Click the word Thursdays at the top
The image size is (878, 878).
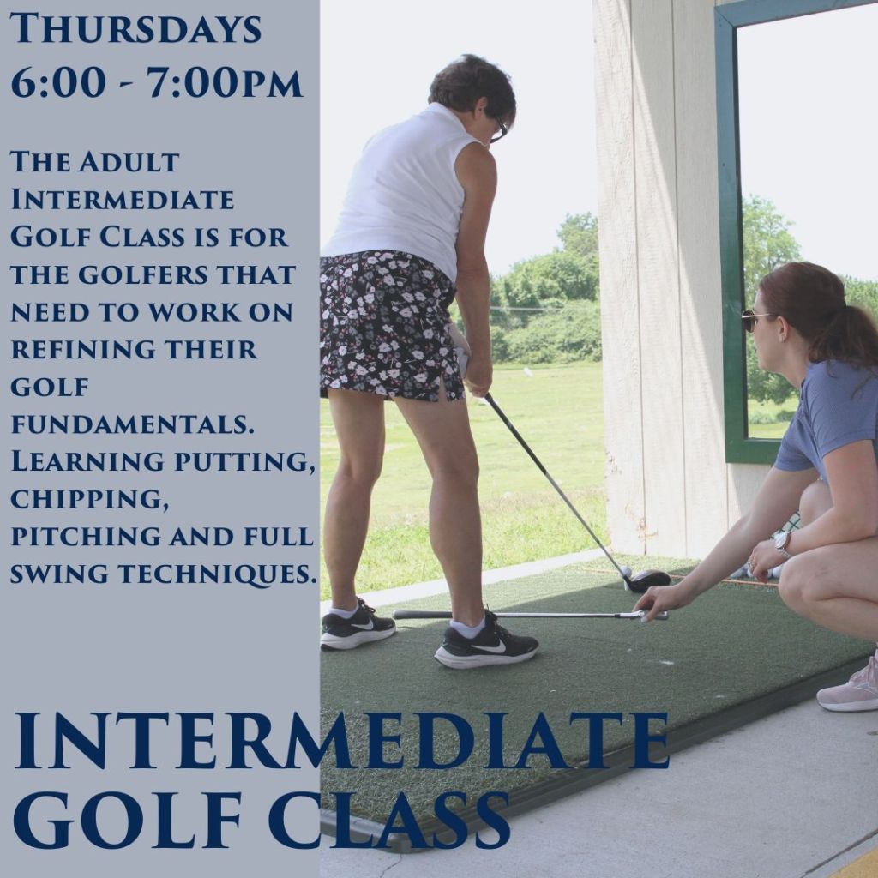[x=135, y=28]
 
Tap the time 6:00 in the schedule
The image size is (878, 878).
[x=58, y=83]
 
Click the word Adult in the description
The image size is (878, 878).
[x=129, y=162]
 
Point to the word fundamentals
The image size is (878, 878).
[x=133, y=424]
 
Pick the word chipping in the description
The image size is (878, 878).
[x=89, y=500]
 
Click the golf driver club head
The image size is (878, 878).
[x=646, y=580]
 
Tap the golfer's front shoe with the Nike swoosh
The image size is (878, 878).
[x=486, y=641]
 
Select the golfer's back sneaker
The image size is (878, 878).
[x=358, y=626]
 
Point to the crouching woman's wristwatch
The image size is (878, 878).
[x=782, y=542]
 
